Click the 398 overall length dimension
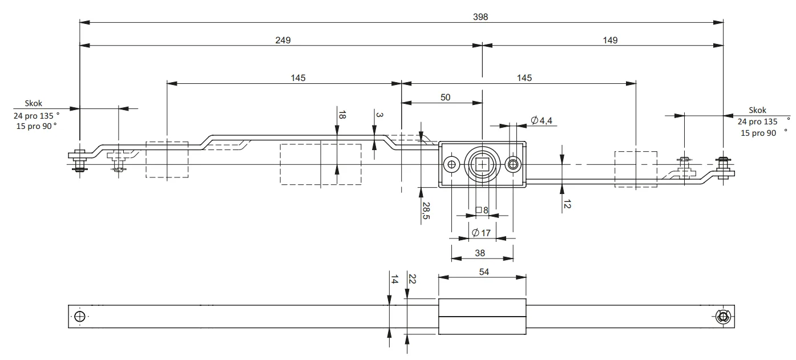[x=480, y=17]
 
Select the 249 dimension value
[x=283, y=40]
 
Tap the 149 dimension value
[x=610, y=40]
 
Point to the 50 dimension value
[x=445, y=98]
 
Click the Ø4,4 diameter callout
[x=542, y=120]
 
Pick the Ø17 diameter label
[x=481, y=233]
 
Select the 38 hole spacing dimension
[x=480, y=253]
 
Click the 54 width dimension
[x=484, y=272]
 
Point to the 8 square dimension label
[x=482, y=211]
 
